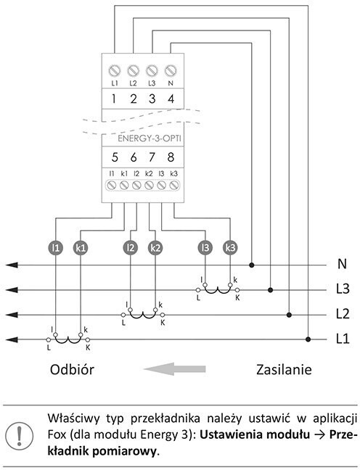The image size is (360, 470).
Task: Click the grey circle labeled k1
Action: (81, 248)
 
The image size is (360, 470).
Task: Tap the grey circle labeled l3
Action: (205, 248)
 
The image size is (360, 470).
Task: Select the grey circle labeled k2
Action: (155, 248)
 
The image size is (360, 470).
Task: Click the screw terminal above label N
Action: (171, 71)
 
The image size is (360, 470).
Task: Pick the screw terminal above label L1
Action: (114, 71)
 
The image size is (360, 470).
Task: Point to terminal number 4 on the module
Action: (171, 99)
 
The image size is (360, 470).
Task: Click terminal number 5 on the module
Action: (115, 157)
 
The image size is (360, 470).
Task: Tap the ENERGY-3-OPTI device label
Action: (150, 139)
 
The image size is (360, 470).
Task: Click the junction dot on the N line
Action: (252, 265)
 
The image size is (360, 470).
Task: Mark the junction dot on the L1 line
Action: (308, 339)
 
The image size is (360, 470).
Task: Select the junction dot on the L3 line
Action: (270, 290)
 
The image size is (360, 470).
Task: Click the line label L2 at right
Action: (343, 314)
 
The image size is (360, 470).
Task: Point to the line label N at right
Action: (342, 264)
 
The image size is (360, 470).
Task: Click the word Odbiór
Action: (72, 370)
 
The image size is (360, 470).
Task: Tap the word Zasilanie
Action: (284, 370)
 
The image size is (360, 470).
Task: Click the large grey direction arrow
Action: (175, 368)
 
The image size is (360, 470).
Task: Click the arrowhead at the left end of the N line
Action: (12, 265)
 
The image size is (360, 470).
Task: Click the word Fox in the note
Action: (57, 434)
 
